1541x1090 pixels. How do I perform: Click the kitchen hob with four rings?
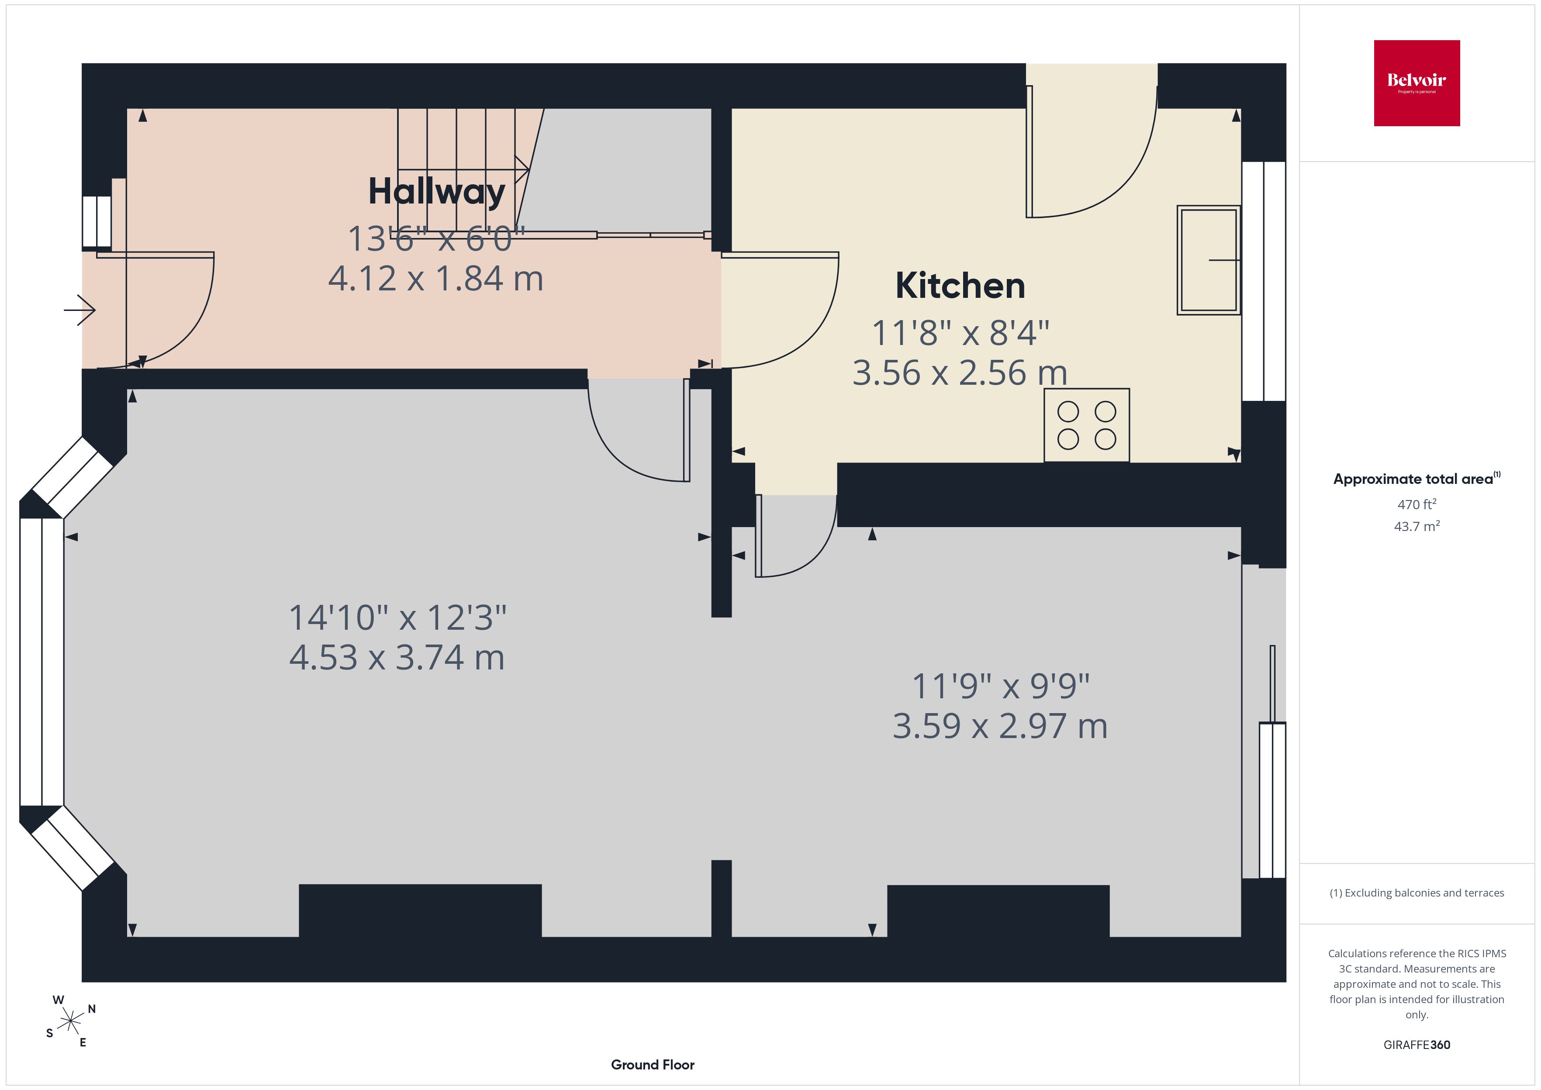[x=1087, y=425]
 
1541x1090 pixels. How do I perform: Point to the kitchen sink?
[x=1208, y=260]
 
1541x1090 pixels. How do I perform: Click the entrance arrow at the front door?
[x=80, y=310]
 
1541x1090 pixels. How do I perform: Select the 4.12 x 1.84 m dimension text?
[x=435, y=279]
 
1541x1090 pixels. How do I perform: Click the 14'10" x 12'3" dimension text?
[x=397, y=617]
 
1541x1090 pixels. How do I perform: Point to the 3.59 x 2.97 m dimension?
[x=1000, y=725]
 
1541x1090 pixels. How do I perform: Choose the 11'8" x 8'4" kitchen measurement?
[x=961, y=332]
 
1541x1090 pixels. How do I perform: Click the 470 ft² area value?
[x=1417, y=504]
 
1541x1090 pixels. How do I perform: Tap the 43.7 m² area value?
[x=1417, y=526]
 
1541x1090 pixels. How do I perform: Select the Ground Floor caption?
[x=653, y=1065]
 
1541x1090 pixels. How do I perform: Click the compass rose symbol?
[x=70, y=1021]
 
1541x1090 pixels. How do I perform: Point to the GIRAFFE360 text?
[x=1417, y=1044]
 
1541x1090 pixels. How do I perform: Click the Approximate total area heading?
[x=1416, y=479]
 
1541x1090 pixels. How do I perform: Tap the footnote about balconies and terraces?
[x=1417, y=893]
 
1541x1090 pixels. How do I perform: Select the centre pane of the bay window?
[x=41, y=662]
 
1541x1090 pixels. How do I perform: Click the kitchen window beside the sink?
[x=1264, y=281]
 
